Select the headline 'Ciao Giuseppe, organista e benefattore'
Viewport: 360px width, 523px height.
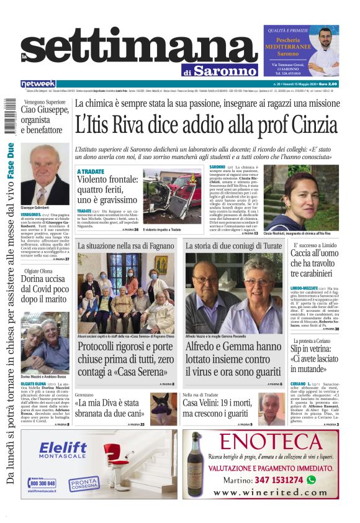(43, 119)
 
